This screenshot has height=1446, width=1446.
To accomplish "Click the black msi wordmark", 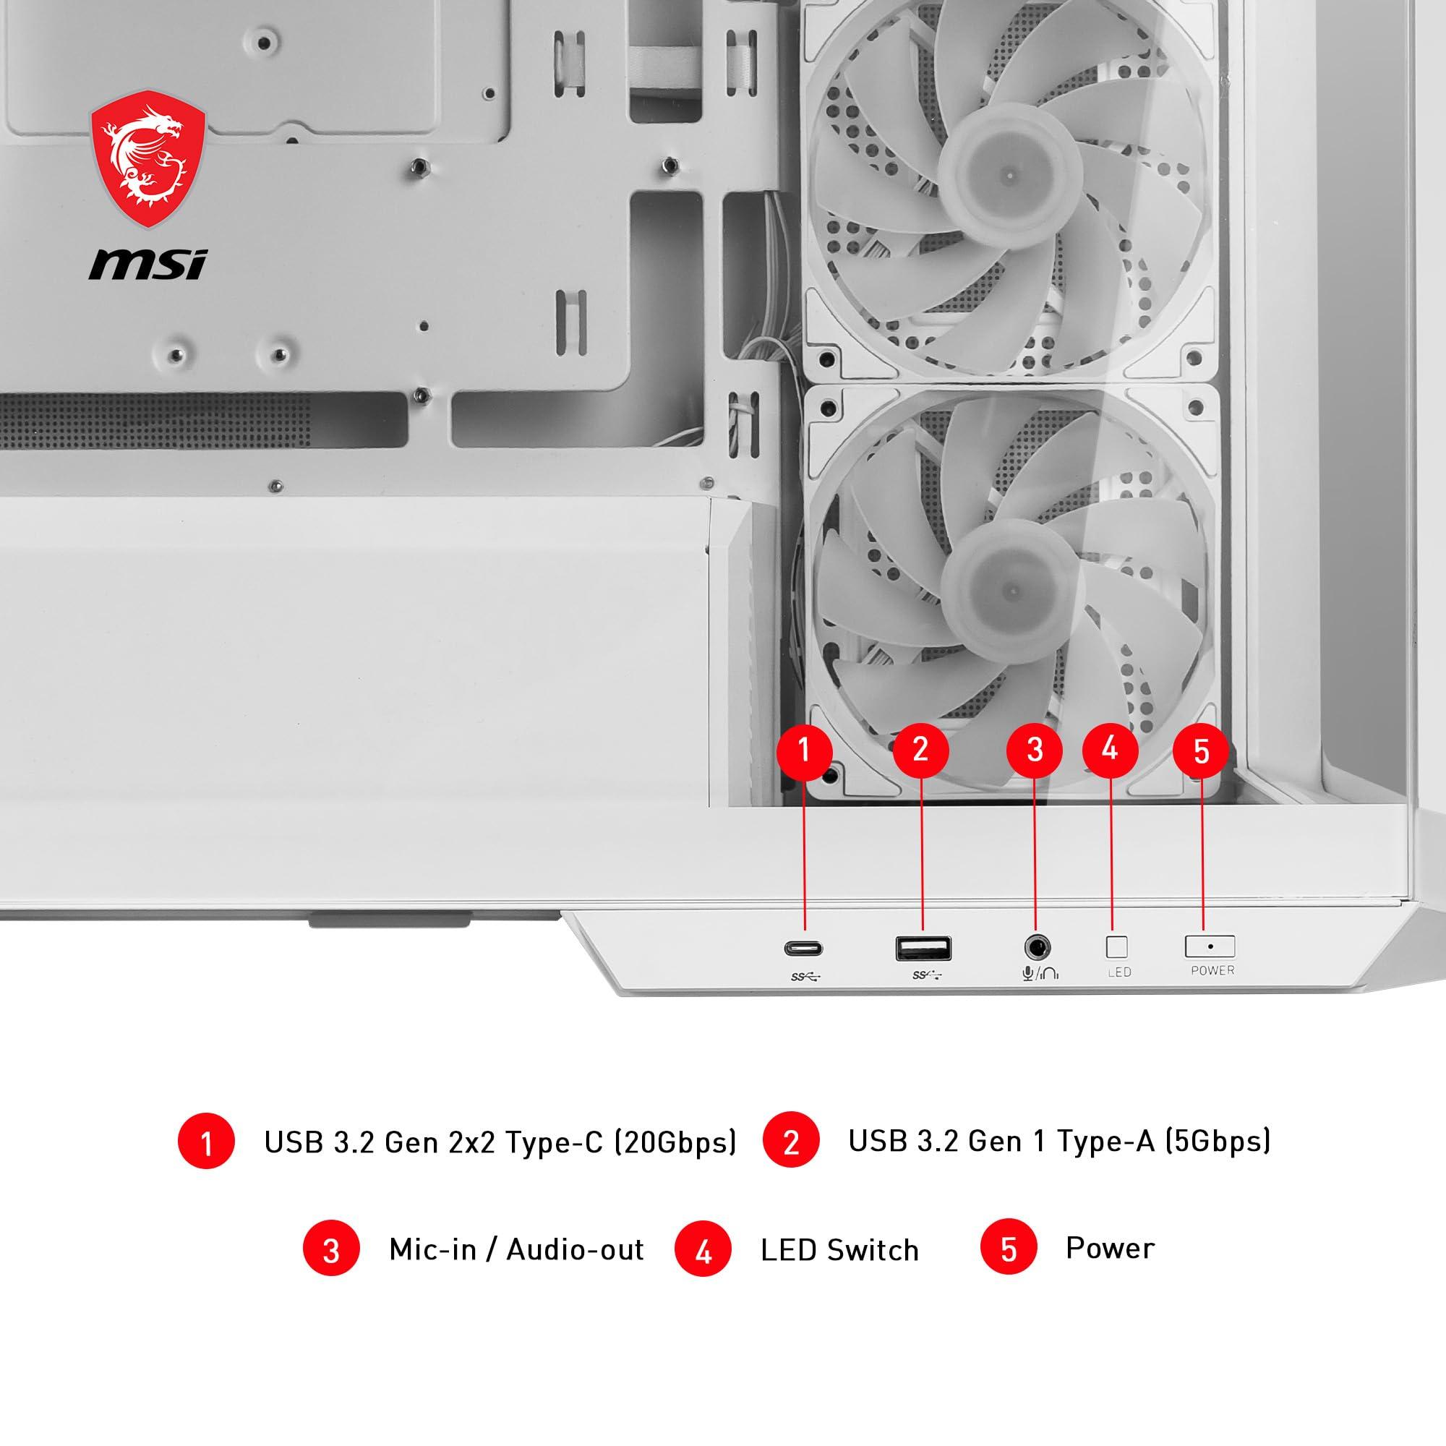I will point(147,265).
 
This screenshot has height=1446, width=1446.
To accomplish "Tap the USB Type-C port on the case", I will point(804,949).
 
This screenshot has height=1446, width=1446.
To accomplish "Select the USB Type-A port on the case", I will point(923,949).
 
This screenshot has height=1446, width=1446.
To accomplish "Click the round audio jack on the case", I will point(1037,949).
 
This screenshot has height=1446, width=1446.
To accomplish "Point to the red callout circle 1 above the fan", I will point(804,749).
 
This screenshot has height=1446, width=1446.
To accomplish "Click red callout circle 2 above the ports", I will point(920,749).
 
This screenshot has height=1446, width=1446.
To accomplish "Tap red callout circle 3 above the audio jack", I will point(1035,749).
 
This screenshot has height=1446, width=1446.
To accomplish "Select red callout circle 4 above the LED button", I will point(1111,748).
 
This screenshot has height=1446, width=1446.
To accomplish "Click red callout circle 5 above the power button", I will point(1201,750).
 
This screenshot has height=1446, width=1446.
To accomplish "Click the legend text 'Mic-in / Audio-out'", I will point(515,1249).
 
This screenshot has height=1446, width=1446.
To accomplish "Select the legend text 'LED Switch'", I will point(839,1250).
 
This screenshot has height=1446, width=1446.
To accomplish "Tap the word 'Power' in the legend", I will point(1110,1248).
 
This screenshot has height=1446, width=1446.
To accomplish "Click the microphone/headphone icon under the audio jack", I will point(1040,973).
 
